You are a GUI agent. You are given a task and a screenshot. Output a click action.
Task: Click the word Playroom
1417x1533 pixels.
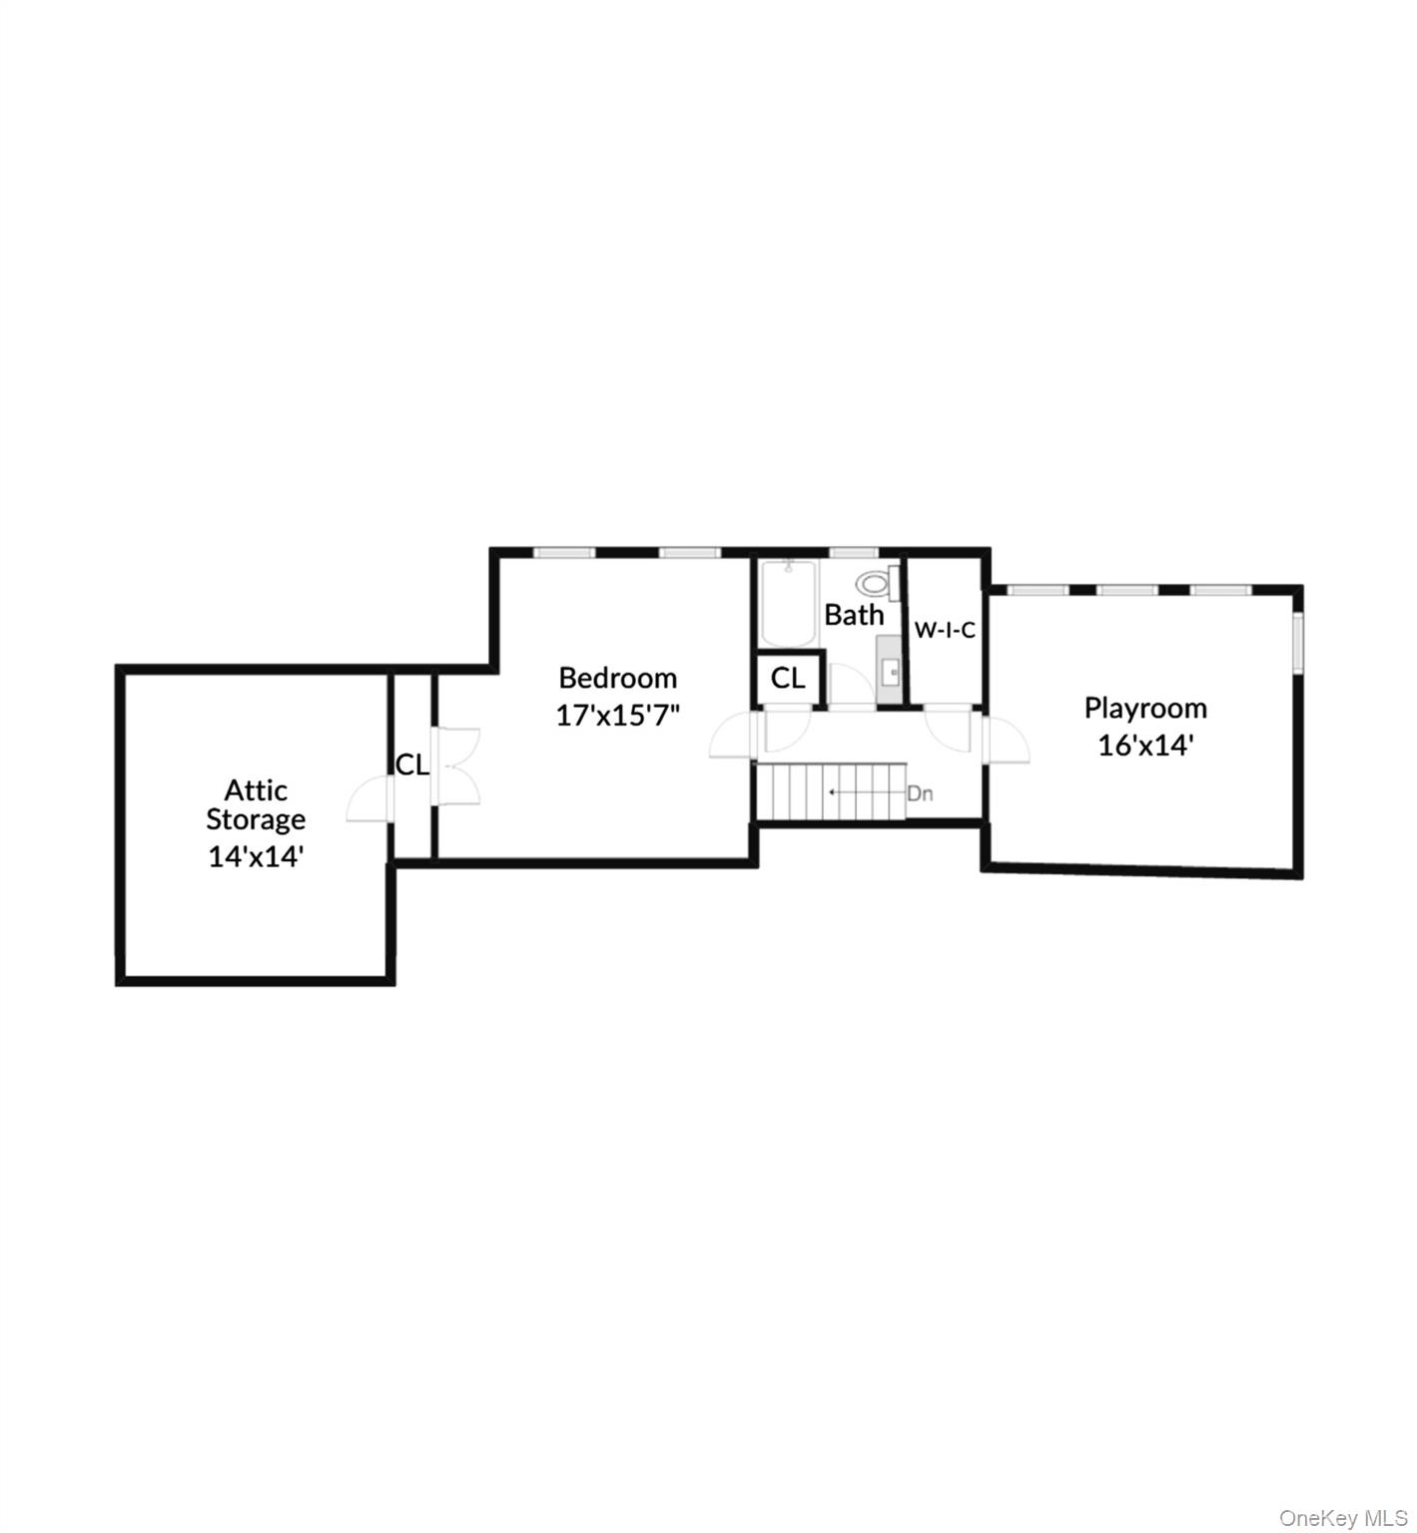[1144, 709]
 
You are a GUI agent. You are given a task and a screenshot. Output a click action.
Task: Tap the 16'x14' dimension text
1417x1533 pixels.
[1144, 746]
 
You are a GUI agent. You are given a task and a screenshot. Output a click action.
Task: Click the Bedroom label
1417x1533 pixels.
[617, 679]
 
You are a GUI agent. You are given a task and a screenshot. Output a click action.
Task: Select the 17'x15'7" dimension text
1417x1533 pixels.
[617, 716]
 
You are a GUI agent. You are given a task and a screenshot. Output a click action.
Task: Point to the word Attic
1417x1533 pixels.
[256, 790]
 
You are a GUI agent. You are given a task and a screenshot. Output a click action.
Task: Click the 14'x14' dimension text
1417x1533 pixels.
[256, 856]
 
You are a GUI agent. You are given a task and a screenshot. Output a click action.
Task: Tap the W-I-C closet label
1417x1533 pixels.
[945, 631]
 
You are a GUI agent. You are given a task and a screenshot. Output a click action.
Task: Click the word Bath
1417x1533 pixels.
[854, 616]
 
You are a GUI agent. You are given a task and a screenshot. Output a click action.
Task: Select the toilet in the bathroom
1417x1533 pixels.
[876, 582]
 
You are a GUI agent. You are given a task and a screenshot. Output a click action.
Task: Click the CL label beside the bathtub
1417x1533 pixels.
[788, 679]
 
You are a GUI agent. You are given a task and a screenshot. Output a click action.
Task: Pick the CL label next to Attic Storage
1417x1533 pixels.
[412, 766]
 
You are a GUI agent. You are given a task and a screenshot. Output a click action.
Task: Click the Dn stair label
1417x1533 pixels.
[920, 794]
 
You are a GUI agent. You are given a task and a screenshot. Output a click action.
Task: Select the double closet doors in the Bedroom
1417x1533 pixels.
[460, 766]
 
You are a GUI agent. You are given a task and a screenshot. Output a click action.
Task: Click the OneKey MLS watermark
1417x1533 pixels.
[1343, 1518]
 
